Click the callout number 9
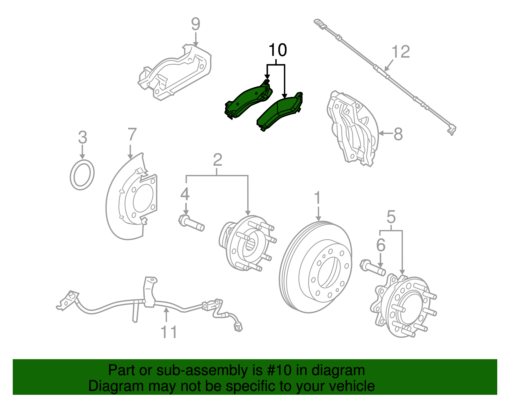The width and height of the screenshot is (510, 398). click(195, 25)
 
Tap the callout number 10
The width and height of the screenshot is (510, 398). click(278, 50)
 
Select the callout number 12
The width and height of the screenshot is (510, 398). click(401, 52)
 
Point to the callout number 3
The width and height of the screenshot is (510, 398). click(82, 138)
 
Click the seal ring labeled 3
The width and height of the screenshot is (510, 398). click(82, 175)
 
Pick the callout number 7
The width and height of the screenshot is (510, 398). click(132, 134)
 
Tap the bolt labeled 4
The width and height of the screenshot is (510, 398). click(191, 223)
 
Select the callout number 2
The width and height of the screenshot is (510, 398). click(217, 160)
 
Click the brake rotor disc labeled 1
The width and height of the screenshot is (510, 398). click(316, 268)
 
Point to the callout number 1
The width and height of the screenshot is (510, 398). click(317, 198)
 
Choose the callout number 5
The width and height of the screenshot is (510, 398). click(391, 217)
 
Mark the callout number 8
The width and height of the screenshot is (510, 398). click(398, 134)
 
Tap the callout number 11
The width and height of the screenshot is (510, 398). click(168, 332)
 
